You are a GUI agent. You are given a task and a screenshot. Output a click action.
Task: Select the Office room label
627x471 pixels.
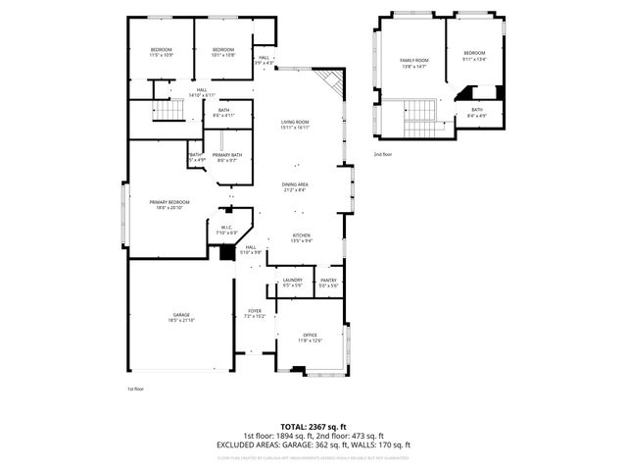(311, 337)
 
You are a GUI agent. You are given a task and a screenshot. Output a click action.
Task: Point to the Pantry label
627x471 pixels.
(328, 282)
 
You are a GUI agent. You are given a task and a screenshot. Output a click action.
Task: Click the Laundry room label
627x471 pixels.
(292, 282)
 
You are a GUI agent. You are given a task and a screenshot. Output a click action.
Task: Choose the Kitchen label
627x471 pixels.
(302, 235)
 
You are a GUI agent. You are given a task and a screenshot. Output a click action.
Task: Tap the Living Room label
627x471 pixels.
(295, 122)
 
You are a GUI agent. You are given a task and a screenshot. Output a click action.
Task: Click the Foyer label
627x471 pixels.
(255, 312)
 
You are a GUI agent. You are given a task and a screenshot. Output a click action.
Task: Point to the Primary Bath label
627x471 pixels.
(227, 155)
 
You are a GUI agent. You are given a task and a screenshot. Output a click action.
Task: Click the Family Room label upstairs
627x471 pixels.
(413, 61)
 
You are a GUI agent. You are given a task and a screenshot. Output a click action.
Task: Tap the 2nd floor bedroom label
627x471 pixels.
(474, 53)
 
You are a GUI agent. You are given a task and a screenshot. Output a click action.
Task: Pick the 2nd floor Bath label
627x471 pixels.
(476, 110)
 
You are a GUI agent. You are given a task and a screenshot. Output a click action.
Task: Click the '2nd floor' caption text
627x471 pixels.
(382, 154)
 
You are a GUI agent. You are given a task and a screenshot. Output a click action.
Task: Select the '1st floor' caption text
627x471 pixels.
(135, 390)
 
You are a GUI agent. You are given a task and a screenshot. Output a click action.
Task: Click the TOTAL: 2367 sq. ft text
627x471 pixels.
(313, 427)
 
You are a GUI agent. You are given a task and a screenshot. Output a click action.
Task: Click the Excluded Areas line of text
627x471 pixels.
(313, 445)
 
